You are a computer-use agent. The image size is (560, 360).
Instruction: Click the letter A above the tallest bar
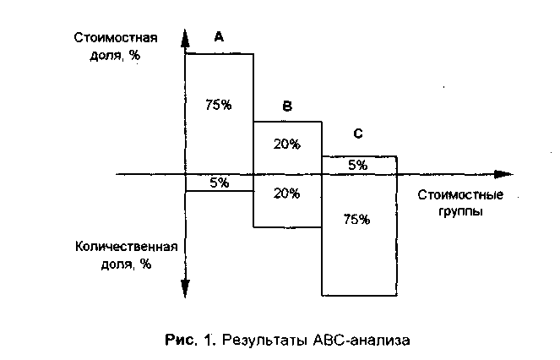pyautogui.click(x=219, y=37)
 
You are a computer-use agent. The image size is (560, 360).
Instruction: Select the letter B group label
pyautogui.click(x=287, y=106)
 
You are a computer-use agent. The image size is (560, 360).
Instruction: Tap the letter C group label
pyautogui.click(x=358, y=134)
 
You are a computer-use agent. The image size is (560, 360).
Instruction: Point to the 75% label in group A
pyautogui.click(x=218, y=106)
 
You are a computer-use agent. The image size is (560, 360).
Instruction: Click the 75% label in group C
pyautogui.click(x=357, y=220)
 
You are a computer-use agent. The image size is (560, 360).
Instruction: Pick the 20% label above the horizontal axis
pyautogui.click(x=287, y=144)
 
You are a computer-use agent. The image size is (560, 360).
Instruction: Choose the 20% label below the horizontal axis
pyautogui.click(x=287, y=193)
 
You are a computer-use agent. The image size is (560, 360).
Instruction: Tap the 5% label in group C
pyautogui.click(x=358, y=166)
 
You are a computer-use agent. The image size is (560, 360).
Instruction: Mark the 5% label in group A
pyautogui.click(x=219, y=183)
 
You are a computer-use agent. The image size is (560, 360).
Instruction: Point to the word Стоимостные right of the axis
pyautogui.click(x=460, y=194)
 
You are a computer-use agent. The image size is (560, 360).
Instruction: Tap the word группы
pyautogui.click(x=461, y=212)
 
